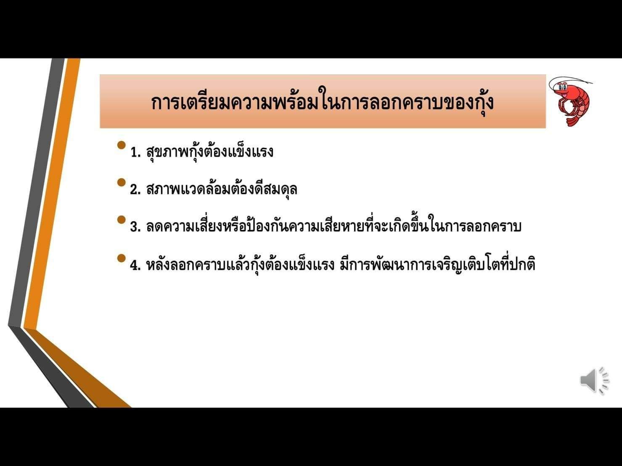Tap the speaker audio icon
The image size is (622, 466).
(595, 381)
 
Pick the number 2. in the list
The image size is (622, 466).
(135, 190)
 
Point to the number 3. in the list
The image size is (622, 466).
(135, 227)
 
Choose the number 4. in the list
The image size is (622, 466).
(135, 265)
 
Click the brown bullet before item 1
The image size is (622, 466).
(121, 145)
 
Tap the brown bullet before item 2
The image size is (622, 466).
(121, 182)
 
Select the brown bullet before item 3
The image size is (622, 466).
(121, 220)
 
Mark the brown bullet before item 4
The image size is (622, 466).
(121, 258)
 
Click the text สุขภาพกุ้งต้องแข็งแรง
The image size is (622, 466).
(210, 151)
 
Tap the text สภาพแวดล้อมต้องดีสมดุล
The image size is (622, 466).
(222, 188)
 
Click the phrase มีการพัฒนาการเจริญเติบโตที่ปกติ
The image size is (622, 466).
(437, 264)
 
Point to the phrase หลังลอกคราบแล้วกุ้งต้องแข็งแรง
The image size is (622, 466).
(240, 264)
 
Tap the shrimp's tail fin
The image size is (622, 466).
(572, 122)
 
